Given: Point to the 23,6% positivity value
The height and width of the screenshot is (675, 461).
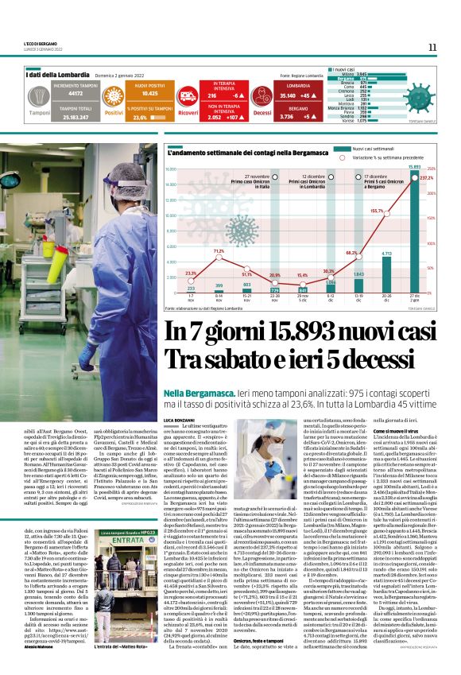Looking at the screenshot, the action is point(141,117).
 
